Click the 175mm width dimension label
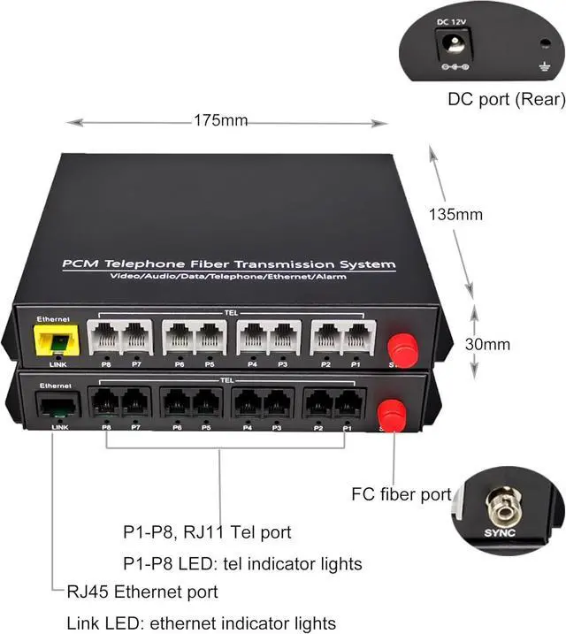[220, 121]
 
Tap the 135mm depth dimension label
[455, 214]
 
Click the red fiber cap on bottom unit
[389, 411]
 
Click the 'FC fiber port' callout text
[402, 494]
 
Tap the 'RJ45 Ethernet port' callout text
[142, 592]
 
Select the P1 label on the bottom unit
[348, 429]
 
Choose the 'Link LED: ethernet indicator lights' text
[202, 623]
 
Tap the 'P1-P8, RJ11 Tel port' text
[207, 532]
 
